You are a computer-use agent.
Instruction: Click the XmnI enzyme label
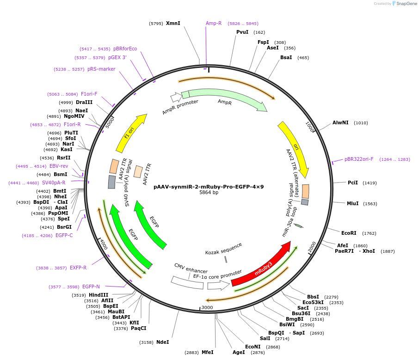point(173,23)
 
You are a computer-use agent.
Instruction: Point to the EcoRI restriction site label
point(349,233)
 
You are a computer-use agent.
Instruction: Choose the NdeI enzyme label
point(162,342)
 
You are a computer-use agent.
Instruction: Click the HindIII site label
point(99,295)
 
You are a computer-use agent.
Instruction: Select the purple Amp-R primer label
point(214,23)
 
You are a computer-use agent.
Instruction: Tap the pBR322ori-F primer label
point(359,159)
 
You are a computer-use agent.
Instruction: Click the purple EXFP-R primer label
point(78,268)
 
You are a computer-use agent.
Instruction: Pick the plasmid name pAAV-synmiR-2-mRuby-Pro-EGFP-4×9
point(209,187)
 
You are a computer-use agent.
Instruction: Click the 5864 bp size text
point(209,193)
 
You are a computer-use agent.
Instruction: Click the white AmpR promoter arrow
point(176,97)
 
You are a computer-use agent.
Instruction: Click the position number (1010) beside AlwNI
point(361,123)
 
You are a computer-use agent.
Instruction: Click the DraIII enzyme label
point(84,102)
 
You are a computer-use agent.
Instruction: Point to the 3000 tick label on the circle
point(207,307)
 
